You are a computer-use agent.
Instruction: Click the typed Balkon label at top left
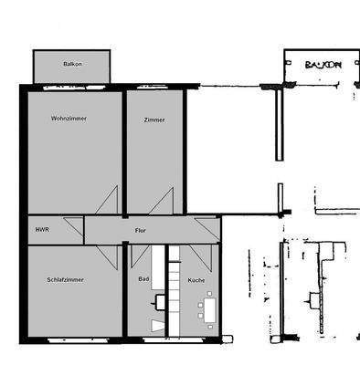click(71, 64)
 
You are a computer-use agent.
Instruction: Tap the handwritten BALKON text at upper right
click(322, 66)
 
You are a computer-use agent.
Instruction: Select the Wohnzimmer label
click(69, 119)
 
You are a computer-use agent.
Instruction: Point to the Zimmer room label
click(154, 120)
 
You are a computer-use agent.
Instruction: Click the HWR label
click(42, 230)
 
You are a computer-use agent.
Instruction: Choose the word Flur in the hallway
click(140, 230)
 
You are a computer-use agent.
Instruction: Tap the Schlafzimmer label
click(65, 279)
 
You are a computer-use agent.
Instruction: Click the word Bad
click(143, 279)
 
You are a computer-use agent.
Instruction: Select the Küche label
click(196, 279)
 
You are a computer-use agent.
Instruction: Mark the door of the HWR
click(90, 232)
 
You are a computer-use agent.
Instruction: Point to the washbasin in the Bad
click(159, 300)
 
